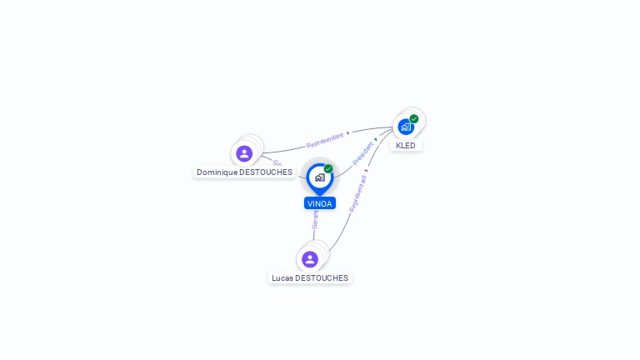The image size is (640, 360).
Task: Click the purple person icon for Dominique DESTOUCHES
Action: [244, 153]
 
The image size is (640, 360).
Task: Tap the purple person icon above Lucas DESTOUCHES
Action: [310, 259]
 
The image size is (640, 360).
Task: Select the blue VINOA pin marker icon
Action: [319, 177]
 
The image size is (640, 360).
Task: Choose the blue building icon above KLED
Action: [405, 127]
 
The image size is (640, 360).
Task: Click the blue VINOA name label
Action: [320, 203]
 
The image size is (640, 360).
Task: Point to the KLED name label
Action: [406, 146]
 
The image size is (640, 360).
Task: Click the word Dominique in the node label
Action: [217, 172]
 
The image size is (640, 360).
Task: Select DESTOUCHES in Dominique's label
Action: [266, 172]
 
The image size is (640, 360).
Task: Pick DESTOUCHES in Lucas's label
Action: [322, 278]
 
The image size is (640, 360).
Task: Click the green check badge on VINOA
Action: [328, 168]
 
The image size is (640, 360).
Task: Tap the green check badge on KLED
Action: [414, 119]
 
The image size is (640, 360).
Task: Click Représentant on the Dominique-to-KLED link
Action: [325, 139]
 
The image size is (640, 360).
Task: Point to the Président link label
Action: [363, 153]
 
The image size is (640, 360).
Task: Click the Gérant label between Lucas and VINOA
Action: [316, 219]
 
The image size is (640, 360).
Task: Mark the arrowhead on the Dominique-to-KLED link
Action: [348, 132]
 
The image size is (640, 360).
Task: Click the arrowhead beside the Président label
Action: [376, 140]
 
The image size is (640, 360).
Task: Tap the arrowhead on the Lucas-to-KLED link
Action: [367, 171]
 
